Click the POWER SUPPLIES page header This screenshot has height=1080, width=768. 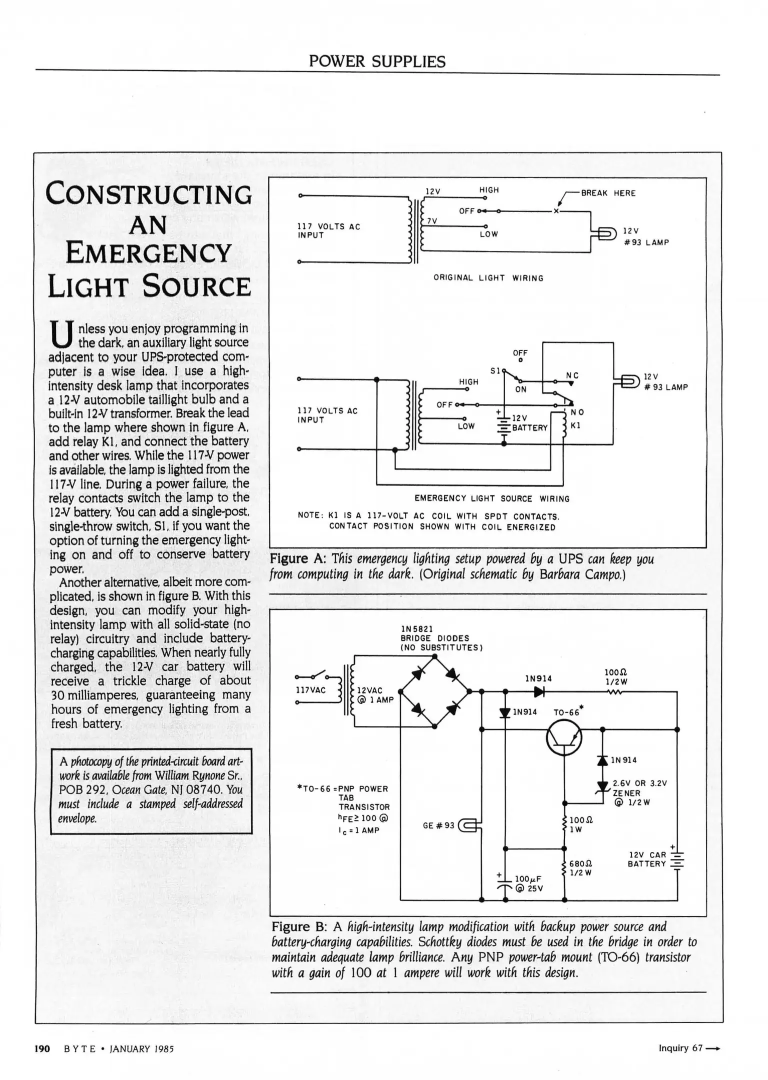tap(377, 61)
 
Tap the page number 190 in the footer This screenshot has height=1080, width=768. tap(42, 1048)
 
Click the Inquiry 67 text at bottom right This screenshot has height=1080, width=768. tap(680, 1047)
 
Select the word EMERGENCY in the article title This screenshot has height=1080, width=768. tap(148, 253)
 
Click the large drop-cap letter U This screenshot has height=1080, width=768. tap(62, 335)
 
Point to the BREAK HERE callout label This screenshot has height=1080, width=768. tap(608, 193)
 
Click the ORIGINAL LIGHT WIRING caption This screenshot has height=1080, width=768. tap(488, 278)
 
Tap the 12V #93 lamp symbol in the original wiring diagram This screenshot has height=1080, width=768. tap(606, 233)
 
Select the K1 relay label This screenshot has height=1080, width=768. tap(575, 425)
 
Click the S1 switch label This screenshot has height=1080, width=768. tap(495, 371)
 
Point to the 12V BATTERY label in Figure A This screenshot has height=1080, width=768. tap(529, 423)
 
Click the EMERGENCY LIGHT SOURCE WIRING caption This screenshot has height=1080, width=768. tap(491, 498)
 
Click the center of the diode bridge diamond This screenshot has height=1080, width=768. tap(435, 691)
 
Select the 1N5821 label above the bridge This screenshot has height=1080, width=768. tap(417, 628)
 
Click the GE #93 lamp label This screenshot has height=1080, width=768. tap(438, 825)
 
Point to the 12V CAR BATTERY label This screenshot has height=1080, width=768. tap(647, 859)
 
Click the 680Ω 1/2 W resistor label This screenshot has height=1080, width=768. tap(581, 868)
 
